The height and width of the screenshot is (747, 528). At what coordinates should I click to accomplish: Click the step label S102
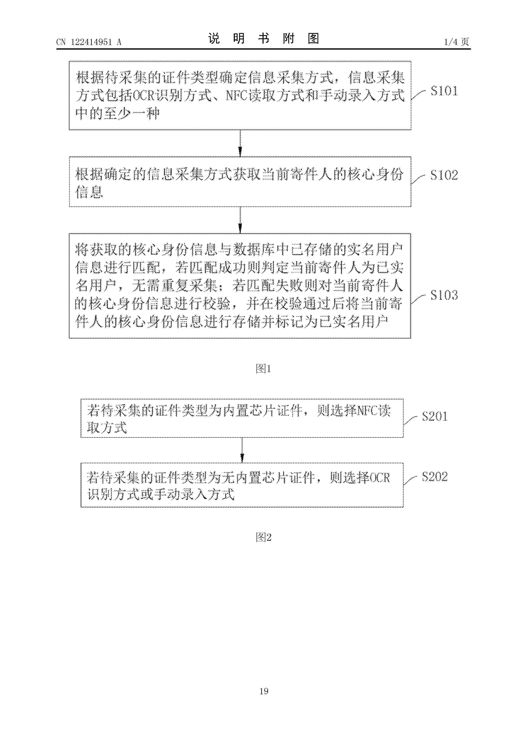tap(444, 175)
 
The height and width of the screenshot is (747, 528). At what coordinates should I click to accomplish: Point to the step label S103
tap(444, 295)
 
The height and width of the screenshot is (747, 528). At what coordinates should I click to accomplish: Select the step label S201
tap(435, 417)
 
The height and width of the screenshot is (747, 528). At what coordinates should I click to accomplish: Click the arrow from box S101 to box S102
tap(240, 143)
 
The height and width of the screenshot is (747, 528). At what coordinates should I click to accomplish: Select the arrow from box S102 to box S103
tap(240, 220)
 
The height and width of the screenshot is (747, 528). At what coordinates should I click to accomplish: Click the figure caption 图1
tap(264, 369)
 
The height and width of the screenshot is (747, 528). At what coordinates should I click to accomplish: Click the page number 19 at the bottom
tap(264, 691)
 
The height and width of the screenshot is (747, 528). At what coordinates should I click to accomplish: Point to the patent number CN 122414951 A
tap(89, 42)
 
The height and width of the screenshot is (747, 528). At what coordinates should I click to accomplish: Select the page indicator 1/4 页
tap(456, 42)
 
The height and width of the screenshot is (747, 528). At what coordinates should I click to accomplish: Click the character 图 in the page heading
tap(313, 39)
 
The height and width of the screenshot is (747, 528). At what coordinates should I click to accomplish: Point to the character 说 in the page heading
tap(214, 39)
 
